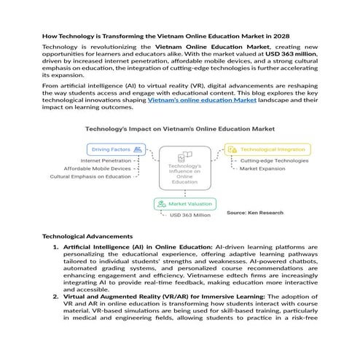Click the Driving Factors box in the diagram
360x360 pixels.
116,149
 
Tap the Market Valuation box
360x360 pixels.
185,204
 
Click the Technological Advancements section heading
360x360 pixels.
87,236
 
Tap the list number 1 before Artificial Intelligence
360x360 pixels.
55,248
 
